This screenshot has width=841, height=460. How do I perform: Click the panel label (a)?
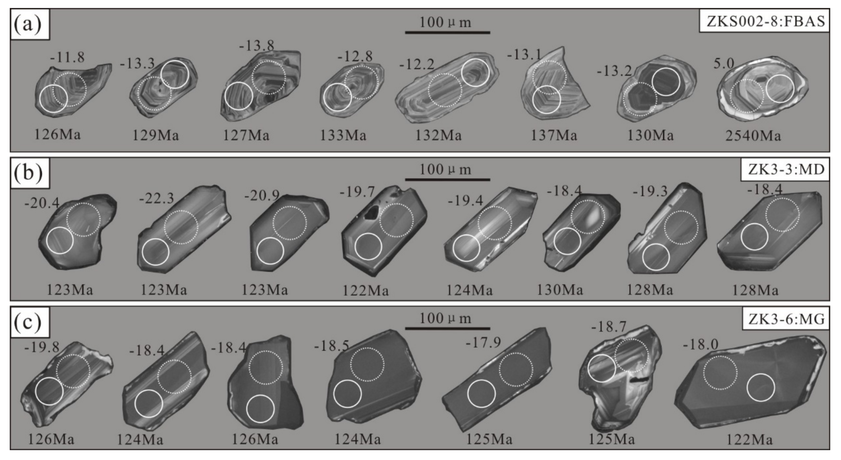[x=28, y=24]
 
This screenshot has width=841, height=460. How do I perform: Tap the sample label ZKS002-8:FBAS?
[x=764, y=21]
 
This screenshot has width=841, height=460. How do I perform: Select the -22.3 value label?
[x=157, y=198]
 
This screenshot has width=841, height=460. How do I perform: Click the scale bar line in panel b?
[x=447, y=179]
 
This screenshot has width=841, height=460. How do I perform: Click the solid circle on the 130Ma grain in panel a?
[x=666, y=82]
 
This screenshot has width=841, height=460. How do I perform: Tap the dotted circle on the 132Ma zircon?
[x=445, y=90]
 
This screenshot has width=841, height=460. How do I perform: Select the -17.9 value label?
[x=483, y=343]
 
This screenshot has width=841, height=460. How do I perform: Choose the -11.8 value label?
[x=67, y=57]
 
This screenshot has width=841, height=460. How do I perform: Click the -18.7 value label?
[x=609, y=326]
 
